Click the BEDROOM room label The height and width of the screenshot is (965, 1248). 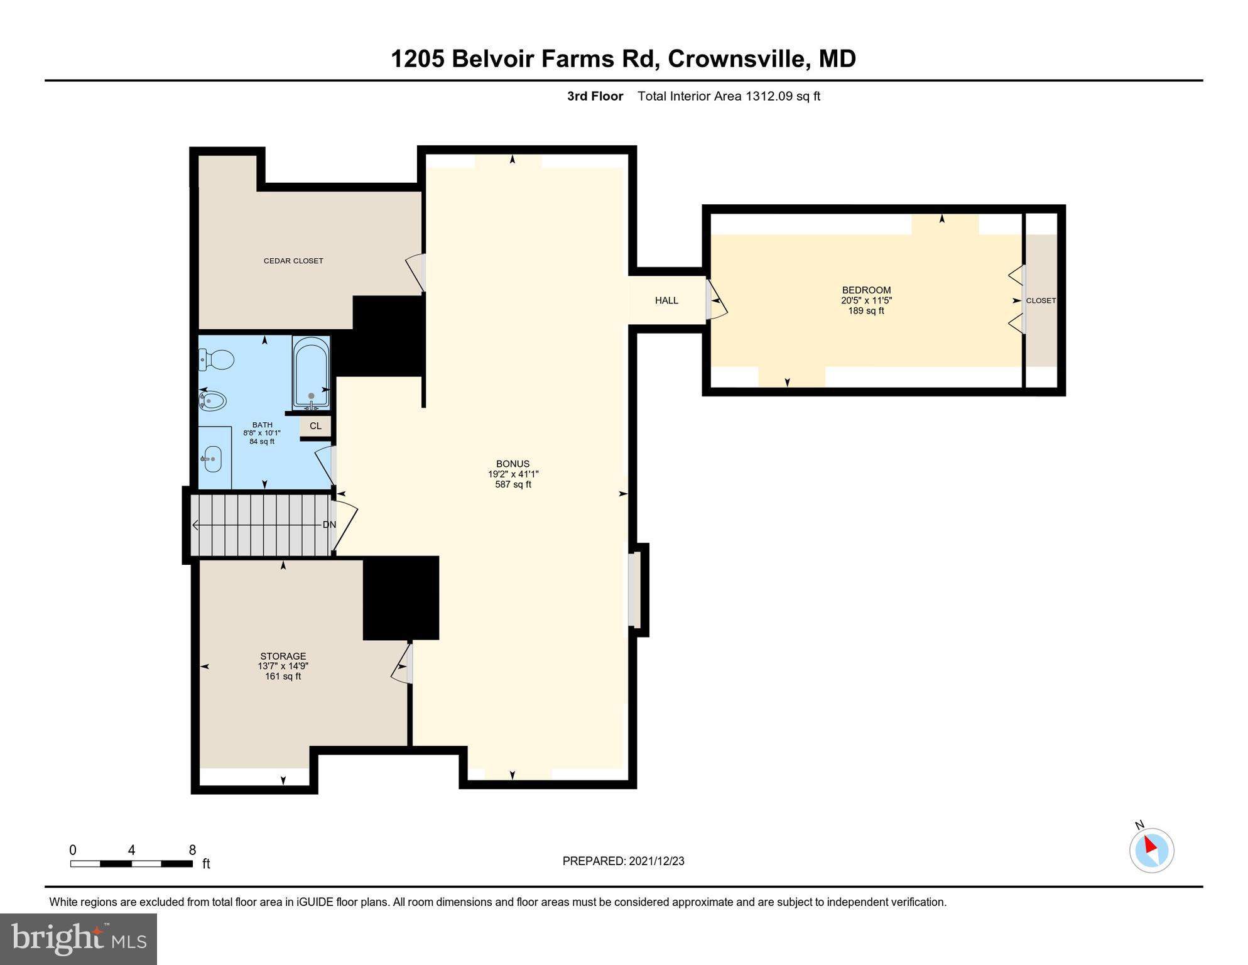866,290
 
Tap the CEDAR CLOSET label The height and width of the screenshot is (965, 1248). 293,261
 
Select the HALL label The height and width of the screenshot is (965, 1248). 666,300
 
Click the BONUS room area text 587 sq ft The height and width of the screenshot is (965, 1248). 513,484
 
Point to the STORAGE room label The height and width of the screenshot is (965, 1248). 283,656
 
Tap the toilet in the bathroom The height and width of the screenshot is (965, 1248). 216,360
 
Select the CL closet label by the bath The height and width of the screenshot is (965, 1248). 315,426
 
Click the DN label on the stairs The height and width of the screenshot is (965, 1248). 329,525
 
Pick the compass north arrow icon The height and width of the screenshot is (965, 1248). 1151,849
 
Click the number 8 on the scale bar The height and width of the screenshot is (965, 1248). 193,850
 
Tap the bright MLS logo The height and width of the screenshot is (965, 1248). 79,939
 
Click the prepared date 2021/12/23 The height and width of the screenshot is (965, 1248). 656,861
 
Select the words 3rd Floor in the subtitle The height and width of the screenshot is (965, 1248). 595,96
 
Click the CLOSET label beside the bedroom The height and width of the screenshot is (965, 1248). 1041,300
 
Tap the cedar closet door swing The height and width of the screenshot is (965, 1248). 416,272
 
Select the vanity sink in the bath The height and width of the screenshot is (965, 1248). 213,459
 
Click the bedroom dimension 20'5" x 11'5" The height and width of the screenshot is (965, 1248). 866,300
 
